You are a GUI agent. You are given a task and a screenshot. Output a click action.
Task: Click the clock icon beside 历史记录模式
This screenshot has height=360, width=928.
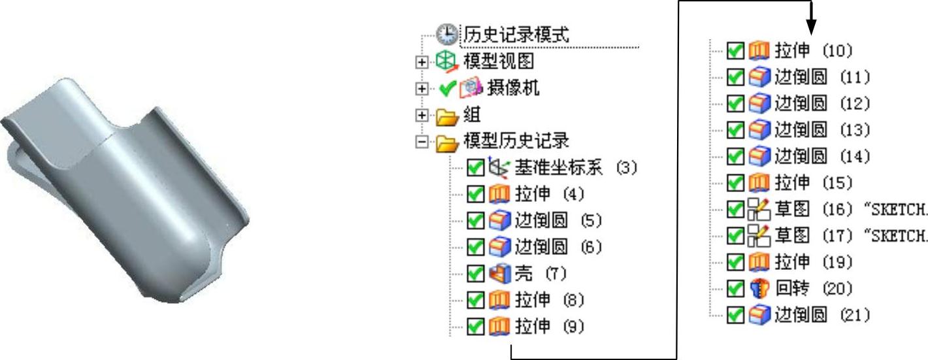(448, 34)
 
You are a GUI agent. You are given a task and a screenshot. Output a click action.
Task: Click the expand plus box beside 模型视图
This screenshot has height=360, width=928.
(422, 62)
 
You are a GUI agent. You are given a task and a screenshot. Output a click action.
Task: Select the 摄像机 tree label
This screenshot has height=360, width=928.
(514, 88)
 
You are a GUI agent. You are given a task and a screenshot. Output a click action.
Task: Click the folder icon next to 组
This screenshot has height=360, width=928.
(448, 116)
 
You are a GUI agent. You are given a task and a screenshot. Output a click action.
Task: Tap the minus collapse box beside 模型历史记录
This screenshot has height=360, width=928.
(422, 141)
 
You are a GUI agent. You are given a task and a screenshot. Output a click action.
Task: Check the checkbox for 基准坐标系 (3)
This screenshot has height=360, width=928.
(475, 168)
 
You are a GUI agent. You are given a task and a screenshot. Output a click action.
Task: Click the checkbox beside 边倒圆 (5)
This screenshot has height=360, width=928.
(475, 221)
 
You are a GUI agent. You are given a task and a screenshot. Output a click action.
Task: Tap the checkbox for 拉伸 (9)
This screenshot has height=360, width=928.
(475, 327)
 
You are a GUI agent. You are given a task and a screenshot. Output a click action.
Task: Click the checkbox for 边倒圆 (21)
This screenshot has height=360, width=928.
(735, 315)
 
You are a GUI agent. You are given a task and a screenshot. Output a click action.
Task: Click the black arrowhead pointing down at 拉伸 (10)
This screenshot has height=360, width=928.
(811, 27)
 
